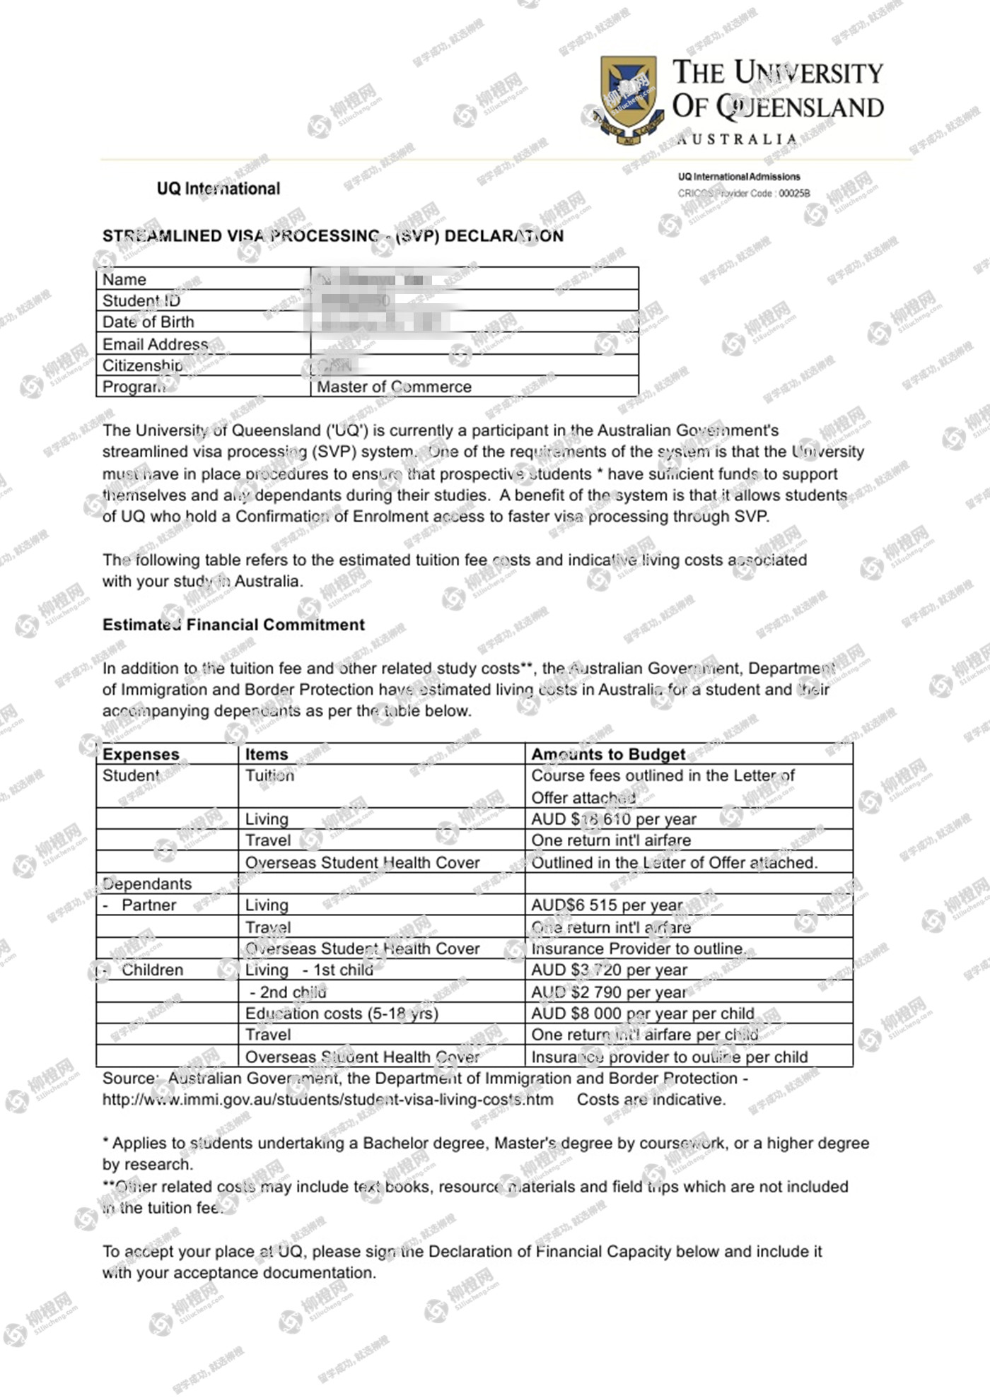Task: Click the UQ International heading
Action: (219, 189)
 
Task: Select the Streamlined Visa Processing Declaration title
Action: (332, 236)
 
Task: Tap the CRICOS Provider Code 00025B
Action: (744, 193)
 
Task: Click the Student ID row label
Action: (141, 300)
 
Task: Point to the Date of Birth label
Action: (148, 322)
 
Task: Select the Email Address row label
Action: (156, 344)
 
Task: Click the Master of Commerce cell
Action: (394, 387)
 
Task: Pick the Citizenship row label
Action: (142, 365)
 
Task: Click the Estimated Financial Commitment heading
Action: (233, 625)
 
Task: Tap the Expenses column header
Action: (141, 754)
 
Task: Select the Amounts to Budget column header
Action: (608, 754)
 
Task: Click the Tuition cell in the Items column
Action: (269, 775)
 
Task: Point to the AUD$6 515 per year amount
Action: (607, 905)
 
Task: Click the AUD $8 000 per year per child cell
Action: (642, 1014)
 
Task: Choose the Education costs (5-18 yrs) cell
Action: (342, 1014)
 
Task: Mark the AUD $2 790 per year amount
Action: (609, 992)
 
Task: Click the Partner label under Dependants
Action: (148, 905)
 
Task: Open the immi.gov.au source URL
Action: (327, 1100)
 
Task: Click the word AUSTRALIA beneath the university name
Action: (737, 139)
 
